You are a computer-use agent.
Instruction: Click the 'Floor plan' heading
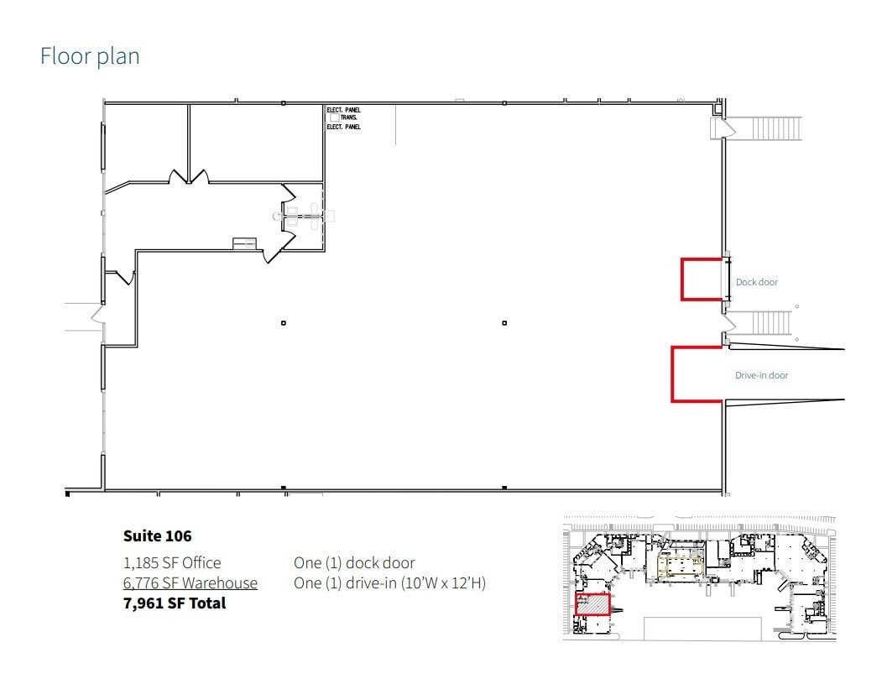90,56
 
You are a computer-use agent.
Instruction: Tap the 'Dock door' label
757,282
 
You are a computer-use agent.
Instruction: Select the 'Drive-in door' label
761,375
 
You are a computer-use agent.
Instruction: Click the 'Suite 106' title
157,535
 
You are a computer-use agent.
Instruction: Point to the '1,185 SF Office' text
172,562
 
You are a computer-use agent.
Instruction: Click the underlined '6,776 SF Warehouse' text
190,582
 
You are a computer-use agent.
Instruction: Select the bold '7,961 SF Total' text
175,603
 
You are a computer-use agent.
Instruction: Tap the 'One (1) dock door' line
354,562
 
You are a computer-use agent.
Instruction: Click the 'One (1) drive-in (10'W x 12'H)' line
389,582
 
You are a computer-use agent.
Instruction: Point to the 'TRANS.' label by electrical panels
349,118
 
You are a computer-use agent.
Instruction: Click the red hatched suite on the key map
591,604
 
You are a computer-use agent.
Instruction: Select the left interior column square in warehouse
284,323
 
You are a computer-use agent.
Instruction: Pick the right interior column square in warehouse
504,323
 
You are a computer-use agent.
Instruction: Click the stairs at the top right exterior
776,128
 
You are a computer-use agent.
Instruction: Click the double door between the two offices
189,177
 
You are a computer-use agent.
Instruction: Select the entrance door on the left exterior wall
97,315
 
